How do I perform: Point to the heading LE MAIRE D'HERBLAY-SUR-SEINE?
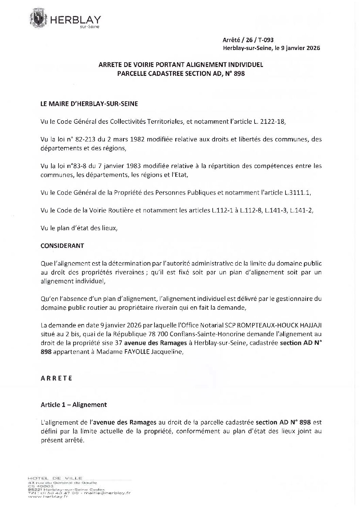click(89, 104)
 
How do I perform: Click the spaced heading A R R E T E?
click(56, 378)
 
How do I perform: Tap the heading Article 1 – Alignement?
click(73, 405)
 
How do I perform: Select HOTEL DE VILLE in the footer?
click(55, 478)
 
